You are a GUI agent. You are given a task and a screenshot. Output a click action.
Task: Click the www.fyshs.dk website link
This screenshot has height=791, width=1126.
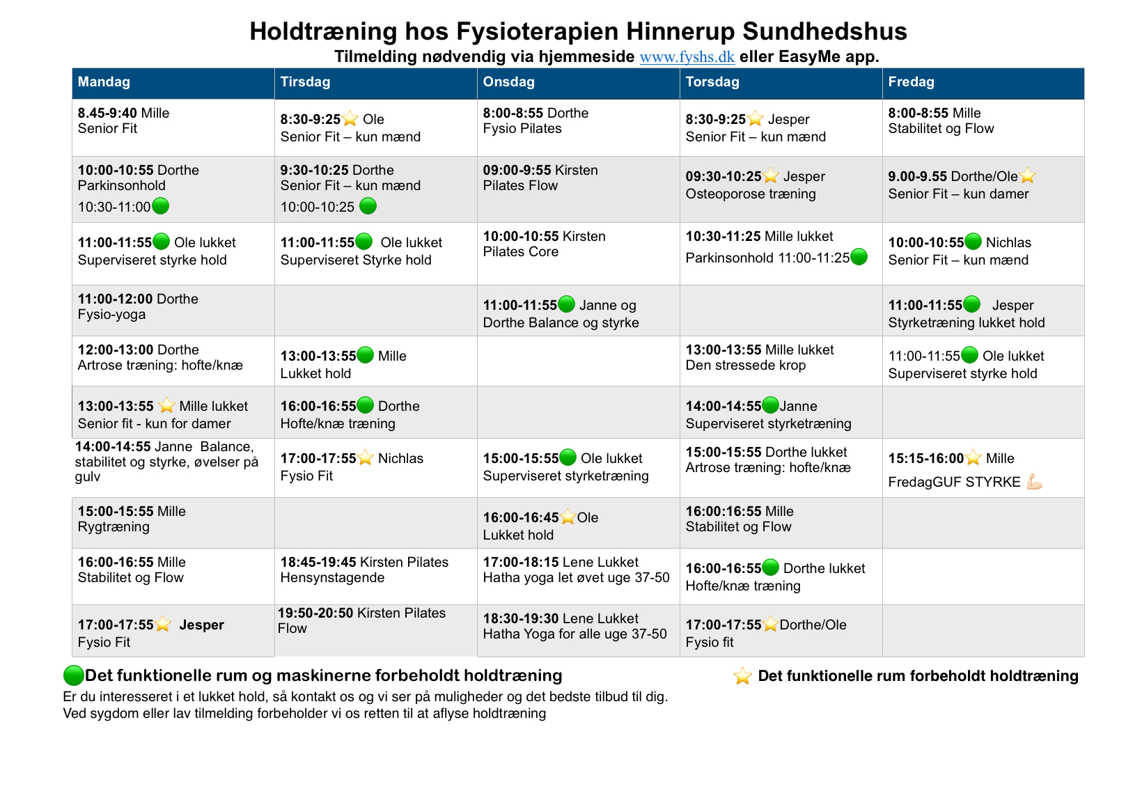click(687, 57)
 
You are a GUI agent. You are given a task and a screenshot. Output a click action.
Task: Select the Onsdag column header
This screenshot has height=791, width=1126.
click(508, 82)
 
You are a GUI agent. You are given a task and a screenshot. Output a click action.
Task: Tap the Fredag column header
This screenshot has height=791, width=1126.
click(911, 82)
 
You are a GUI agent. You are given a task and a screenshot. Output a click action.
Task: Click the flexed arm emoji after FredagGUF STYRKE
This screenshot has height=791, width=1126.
click(1035, 482)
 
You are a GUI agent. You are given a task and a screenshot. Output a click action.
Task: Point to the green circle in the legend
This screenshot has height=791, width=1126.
click(73, 675)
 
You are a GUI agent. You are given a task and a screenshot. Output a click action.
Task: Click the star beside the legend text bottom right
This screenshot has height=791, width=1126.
click(742, 676)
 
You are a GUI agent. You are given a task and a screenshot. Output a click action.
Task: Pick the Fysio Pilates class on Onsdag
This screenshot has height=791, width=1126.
click(522, 129)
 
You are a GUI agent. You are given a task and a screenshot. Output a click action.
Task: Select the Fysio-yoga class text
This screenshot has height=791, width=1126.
click(111, 315)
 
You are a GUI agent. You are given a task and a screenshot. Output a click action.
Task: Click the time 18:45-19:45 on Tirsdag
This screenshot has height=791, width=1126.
click(318, 563)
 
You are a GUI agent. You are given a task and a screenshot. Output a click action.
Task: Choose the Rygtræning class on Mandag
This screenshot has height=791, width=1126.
click(114, 527)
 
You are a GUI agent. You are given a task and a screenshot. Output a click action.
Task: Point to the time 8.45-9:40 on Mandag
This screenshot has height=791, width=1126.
click(107, 113)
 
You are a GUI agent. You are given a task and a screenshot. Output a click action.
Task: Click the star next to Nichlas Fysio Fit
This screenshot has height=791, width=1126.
click(366, 458)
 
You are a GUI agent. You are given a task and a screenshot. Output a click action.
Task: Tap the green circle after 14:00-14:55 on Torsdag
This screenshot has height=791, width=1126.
click(770, 405)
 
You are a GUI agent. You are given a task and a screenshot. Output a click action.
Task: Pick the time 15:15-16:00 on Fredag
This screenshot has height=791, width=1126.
click(925, 459)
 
